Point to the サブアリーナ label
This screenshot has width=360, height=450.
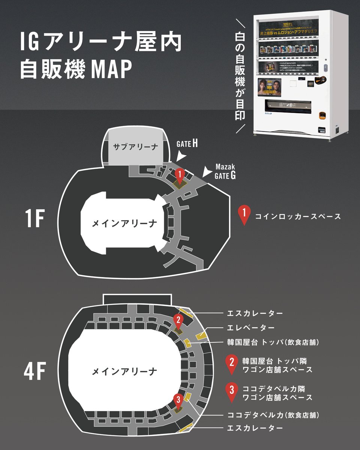pos(135,147)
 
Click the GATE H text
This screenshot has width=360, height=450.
pos(187,144)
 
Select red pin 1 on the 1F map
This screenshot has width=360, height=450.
pos(180,174)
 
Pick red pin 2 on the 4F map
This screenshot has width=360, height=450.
pos(178,320)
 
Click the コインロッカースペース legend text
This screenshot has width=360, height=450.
pos(298,216)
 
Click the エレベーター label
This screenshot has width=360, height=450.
pos(250,327)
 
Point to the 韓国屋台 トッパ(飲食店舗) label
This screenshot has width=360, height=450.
pos(273,342)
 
